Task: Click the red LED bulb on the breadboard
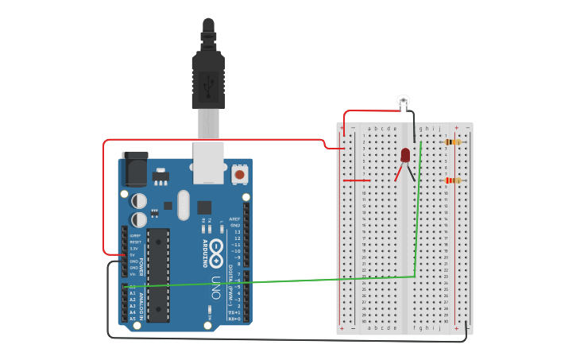pyautogui.click(x=405, y=154)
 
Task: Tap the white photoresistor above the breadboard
pyautogui.click(x=404, y=100)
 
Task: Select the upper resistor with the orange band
pyautogui.click(x=453, y=142)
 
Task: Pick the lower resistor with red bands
pyautogui.click(x=453, y=180)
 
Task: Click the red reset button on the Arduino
pyautogui.click(x=239, y=173)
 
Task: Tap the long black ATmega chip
pyautogui.click(x=158, y=275)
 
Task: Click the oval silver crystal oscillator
pyautogui.click(x=184, y=204)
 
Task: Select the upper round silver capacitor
pyautogui.click(x=139, y=200)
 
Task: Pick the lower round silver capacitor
pyautogui.click(x=139, y=219)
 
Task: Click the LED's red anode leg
pyautogui.click(x=398, y=172)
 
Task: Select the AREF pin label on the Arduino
pyautogui.click(x=234, y=219)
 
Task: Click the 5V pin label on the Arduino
pyautogui.click(x=133, y=255)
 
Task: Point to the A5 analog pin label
pyautogui.click(x=133, y=319)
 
